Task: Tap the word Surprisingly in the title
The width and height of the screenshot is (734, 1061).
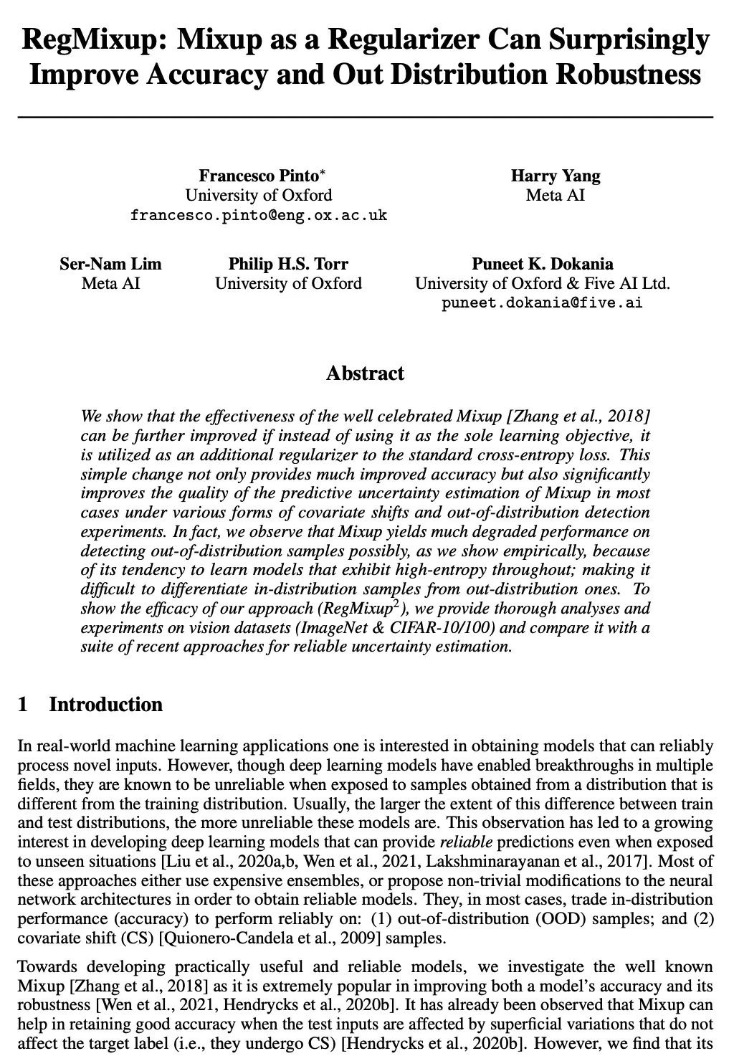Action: click(630, 39)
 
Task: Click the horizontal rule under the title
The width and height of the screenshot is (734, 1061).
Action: click(366, 116)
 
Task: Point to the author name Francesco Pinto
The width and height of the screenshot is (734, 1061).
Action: click(258, 176)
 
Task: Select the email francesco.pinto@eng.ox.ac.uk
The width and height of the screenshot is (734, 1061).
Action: click(259, 215)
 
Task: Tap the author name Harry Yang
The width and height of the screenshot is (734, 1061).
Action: click(556, 176)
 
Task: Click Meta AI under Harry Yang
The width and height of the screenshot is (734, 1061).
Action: click(556, 195)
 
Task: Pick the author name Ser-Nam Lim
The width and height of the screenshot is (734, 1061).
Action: click(110, 264)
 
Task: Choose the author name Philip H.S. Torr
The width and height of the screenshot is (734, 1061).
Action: click(288, 264)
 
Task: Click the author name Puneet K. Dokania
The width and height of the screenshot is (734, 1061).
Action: click(543, 264)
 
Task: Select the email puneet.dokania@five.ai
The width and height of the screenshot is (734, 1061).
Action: click(542, 303)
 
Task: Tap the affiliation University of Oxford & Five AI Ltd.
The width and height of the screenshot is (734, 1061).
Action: click(543, 283)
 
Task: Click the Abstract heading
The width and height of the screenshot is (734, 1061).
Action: click(365, 374)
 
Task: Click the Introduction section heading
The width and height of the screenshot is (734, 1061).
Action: click(105, 705)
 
